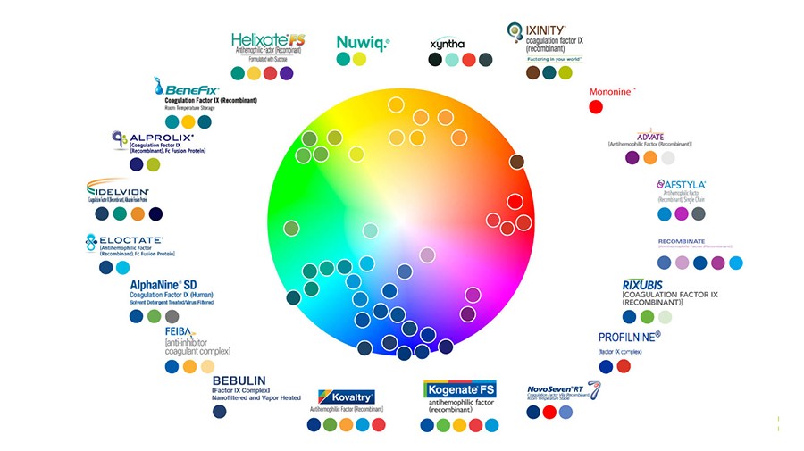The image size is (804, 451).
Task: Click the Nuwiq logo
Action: [362, 42]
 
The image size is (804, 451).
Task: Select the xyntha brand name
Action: [447, 43]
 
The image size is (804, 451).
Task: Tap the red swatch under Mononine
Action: [596, 107]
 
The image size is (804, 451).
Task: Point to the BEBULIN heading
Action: [239, 380]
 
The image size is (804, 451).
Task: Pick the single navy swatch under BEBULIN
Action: [220, 412]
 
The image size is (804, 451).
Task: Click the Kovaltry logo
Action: [346, 397]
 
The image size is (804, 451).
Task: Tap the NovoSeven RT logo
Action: [560, 390]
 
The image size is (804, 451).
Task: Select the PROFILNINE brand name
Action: [629, 337]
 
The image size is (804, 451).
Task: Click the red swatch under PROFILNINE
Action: [624, 366]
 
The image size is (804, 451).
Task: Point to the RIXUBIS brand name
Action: [642, 286]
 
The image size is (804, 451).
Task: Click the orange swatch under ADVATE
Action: [650, 157]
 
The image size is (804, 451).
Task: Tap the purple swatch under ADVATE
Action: [632, 157]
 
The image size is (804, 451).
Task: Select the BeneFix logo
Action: [189, 88]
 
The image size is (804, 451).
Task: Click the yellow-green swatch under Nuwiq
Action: [359, 59]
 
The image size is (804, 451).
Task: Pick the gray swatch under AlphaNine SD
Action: [172, 316]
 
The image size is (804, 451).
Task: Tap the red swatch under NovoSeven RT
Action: [549, 412]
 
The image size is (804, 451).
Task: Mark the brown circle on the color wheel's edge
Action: [516, 162]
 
